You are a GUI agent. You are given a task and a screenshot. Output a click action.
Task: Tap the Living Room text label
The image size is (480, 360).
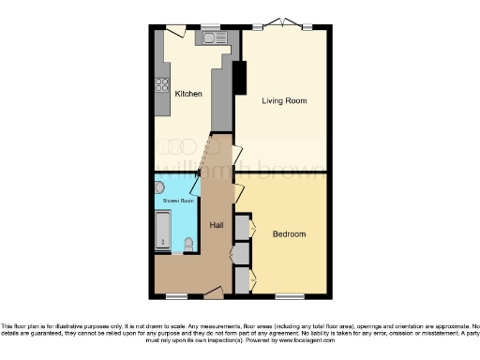click(x=284, y=100)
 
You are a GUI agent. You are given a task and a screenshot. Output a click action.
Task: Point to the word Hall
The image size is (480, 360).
click(x=217, y=226)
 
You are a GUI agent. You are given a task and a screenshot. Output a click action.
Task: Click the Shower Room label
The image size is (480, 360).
click(x=177, y=201)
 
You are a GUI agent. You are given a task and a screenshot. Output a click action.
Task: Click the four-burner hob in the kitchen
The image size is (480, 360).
click(x=161, y=83)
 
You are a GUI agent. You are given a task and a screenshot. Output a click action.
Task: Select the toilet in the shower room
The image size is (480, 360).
click(x=189, y=243)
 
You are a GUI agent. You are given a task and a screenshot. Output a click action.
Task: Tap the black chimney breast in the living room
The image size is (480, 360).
click(x=239, y=77)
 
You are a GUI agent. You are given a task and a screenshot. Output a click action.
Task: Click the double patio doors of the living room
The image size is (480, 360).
click(x=282, y=25)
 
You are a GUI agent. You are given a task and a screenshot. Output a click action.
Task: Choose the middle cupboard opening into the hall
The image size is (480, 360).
click(x=241, y=253)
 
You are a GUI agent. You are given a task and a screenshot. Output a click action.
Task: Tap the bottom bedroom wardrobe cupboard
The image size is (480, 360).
click(x=241, y=278)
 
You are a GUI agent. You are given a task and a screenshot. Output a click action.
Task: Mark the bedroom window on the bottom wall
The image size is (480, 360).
click(x=289, y=297)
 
